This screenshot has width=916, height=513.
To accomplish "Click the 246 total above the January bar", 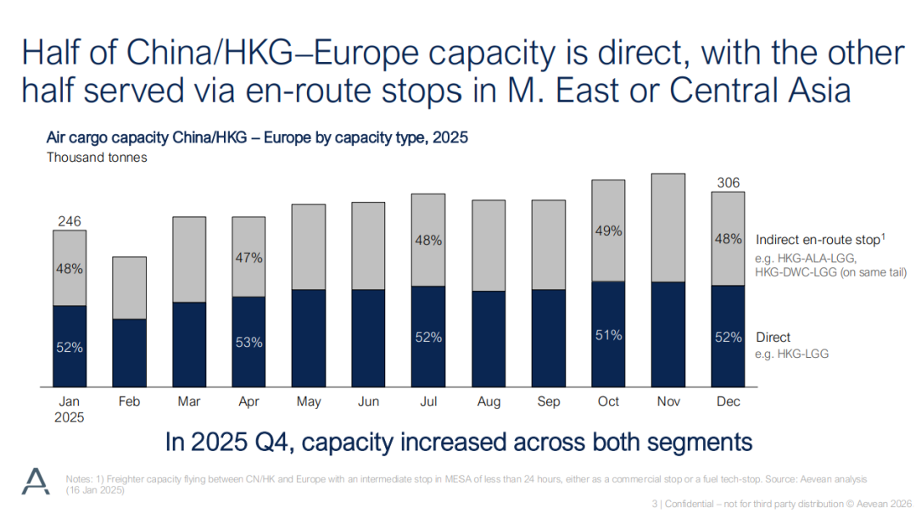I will click(x=69, y=220).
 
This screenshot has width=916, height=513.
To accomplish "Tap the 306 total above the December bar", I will click(x=728, y=182).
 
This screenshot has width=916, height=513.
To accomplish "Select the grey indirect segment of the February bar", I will click(x=129, y=287).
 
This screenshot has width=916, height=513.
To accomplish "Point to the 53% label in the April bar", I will click(x=249, y=343).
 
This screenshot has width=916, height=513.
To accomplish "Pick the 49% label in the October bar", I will click(x=608, y=231).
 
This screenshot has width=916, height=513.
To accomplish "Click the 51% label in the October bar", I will click(x=608, y=335).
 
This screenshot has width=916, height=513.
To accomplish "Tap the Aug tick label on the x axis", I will click(x=489, y=402).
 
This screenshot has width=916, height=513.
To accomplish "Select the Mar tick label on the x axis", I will click(x=189, y=402).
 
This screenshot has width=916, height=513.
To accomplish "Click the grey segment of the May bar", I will click(x=309, y=247).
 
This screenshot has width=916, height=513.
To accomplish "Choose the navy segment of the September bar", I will click(x=549, y=336).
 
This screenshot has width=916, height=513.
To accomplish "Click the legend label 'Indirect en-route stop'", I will click(x=817, y=240).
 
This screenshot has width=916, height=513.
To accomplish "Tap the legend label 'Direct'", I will click(x=773, y=337).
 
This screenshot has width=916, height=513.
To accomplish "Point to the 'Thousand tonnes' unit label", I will click(x=97, y=157).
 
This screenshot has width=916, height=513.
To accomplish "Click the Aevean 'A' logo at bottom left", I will click(x=36, y=481).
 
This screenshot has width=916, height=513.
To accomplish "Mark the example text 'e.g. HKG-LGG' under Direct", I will click(x=791, y=353).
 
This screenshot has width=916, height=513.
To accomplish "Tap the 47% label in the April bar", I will click(x=249, y=256).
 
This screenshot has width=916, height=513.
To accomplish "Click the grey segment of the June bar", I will click(x=369, y=246).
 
